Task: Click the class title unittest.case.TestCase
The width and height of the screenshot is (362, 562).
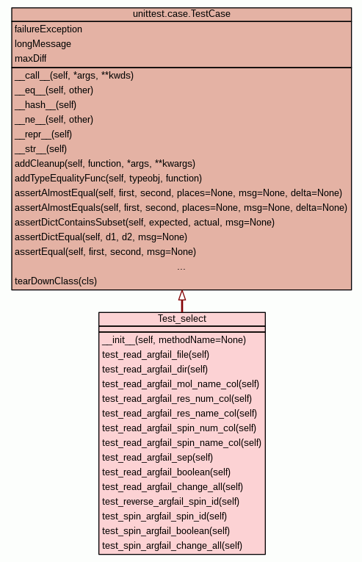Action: (181, 14)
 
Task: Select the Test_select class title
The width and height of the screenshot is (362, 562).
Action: (182, 319)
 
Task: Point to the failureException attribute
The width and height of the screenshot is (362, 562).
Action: (48, 29)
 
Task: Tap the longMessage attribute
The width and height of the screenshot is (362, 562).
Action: (43, 44)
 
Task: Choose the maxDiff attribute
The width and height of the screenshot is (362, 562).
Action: (30, 58)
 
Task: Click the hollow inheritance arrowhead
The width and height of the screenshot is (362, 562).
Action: (182, 295)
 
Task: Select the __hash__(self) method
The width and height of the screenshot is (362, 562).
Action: (46, 104)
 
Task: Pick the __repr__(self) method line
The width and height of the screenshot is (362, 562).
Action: (43, 134)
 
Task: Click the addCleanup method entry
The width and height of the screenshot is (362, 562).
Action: (105, 163)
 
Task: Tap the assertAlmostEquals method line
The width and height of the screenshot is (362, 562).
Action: (181, 207)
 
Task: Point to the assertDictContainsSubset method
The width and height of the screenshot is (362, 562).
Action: (145, 222)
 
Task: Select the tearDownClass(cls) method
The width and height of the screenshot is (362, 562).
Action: (56, 281)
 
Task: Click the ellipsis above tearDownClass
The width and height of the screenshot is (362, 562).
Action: (181, 268)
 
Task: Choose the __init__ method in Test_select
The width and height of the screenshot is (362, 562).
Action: (174, 340)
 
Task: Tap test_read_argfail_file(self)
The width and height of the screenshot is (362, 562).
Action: (156, 355)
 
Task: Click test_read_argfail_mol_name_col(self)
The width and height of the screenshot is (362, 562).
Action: (181, 384)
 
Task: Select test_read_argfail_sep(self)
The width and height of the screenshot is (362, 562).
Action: (157, 458)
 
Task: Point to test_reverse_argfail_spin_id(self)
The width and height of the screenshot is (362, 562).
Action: (170, 502)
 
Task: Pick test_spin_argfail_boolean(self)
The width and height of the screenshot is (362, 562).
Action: (166, 531)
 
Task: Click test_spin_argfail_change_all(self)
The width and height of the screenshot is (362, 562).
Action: (172, 546)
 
